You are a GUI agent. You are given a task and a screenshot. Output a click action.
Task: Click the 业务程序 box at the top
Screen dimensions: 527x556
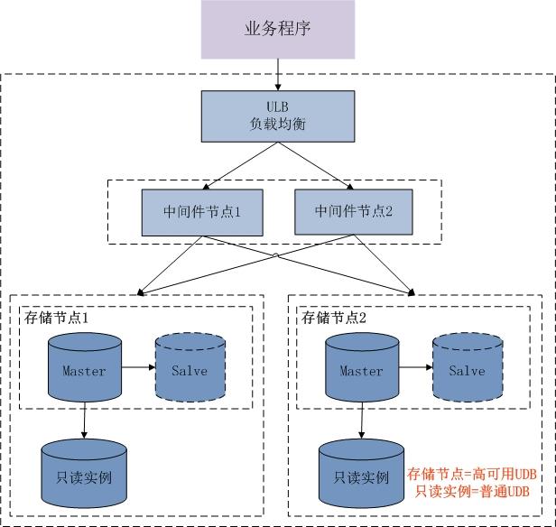pyautogui.click(x=277, y=30)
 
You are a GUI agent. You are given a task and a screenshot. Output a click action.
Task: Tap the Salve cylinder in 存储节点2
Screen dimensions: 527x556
pyautogui.click(x=466, y=369)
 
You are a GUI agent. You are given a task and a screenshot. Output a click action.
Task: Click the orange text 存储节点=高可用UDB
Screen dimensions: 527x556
pyautogui.click(x=471, y=474)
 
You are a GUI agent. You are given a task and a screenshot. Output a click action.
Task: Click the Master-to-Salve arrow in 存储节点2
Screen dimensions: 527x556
pyautogui.click(x=412, y=369)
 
